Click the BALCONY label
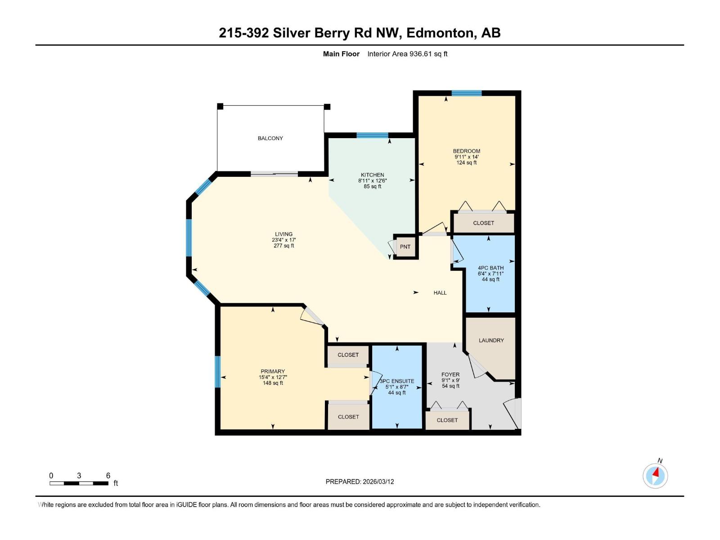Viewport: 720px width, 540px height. tap(270, 138)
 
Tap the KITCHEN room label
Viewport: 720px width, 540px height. tap(372, 175)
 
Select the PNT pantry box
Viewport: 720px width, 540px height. tap(405, 247)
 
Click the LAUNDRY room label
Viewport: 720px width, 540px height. tap(491, 340)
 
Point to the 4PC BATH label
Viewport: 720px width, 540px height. tap(490, 268)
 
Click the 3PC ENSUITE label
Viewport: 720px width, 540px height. tap(397, 381)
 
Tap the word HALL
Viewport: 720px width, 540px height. tap(440, 292)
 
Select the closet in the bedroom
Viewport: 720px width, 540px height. tap(483, 223)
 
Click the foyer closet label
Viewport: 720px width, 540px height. tap(447, 420)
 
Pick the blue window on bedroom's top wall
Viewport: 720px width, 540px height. tap(467, 93)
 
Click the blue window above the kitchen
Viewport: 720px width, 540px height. tap(372, 135)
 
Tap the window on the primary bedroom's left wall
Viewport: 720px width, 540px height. tap(217, 372)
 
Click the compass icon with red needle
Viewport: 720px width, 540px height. tap(655, 476)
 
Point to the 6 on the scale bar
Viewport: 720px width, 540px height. tap(108, 476)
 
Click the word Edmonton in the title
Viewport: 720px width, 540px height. tap(441, 33)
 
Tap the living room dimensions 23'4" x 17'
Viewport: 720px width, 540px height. tap(283, 240)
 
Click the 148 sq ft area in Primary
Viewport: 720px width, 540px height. tap(273, 383)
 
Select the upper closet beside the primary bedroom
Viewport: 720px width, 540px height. tap(348, 355)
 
